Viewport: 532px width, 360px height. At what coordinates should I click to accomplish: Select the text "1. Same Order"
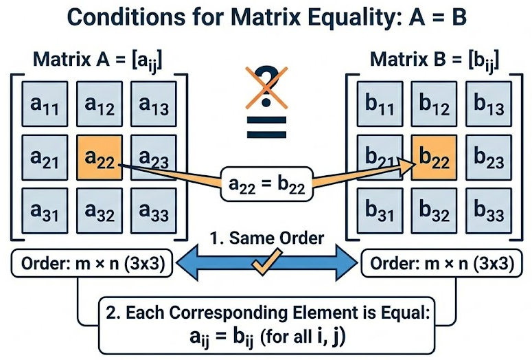[266, 239]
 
